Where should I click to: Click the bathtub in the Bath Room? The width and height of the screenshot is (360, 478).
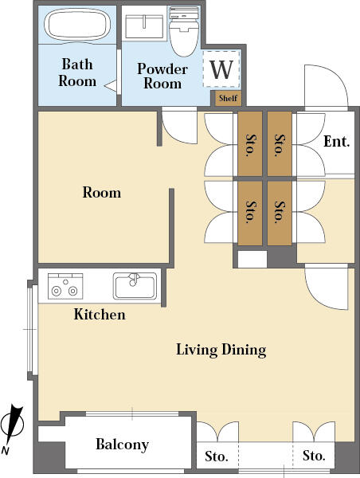point(77,24)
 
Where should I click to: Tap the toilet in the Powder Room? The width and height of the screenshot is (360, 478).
point(184,31)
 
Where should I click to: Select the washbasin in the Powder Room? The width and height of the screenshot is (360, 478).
point(144,26)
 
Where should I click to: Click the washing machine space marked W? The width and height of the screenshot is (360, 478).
point(221,69)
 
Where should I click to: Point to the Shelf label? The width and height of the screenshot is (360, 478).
point(228,98)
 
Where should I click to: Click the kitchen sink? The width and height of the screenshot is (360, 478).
point(135,286)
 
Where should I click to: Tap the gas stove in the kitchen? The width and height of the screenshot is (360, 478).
point(65,286)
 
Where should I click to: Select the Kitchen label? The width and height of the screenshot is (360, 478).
point(100,315)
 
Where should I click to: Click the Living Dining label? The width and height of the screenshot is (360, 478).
point(221,350)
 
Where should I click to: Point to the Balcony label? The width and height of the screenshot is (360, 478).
point(122,445)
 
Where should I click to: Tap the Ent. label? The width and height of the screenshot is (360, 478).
point(337,142)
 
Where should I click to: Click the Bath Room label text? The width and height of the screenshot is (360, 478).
point(77,72)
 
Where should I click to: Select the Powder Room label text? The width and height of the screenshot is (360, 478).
point(162,76)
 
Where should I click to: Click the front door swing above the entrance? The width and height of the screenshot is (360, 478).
point(327,88)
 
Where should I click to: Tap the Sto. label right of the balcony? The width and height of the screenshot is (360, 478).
point(217,456)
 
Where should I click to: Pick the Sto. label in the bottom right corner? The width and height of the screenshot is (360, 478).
point(314,456)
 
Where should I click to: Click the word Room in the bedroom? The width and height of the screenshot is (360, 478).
point(102,193)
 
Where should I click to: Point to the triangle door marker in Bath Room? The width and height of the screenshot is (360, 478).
point(111,86)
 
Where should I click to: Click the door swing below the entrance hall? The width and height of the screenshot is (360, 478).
point(327,288)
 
